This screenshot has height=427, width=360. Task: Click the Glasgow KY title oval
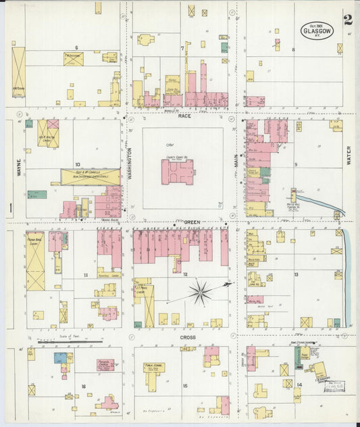[x=317, y=30]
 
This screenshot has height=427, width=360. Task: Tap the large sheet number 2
[x=347, y=19]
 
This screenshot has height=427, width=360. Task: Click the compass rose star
[x=200, y=293]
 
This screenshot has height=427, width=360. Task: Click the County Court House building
[x=177, y=171]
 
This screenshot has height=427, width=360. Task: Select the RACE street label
[x=184, y=116]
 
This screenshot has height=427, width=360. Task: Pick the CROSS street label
[x=187, y=336]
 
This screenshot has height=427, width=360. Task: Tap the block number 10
[x=78, y=164]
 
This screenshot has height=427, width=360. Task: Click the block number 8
[x=293, y=49]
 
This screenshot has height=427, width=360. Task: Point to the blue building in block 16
[x=60, y=357]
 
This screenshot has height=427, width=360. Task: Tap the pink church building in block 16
[x=105, y=365]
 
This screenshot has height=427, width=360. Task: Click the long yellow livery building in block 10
[x=90, y=177]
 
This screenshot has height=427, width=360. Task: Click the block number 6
[x=77, y=47]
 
